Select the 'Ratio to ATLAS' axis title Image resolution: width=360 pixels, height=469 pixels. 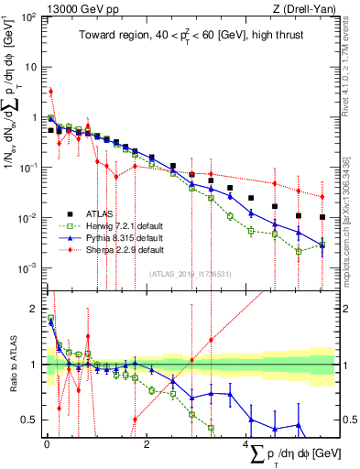click(11, 365)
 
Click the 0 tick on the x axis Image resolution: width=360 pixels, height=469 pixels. click(46, 446)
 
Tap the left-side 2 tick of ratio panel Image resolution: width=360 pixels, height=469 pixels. click(31, 309)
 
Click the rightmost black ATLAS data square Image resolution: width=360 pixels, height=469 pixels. click(322, 217)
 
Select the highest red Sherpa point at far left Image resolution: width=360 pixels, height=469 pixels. click(50, 91)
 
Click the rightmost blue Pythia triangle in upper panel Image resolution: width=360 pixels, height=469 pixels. click(322, 245)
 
